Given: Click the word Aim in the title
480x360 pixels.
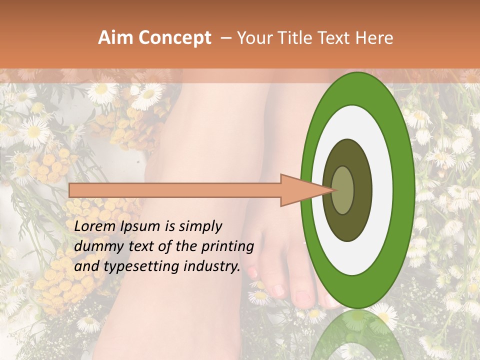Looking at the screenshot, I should [x=115, y=38].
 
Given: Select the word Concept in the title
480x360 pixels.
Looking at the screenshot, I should [x=174, y=38].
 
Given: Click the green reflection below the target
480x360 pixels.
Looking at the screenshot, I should [x=358, y=335].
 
